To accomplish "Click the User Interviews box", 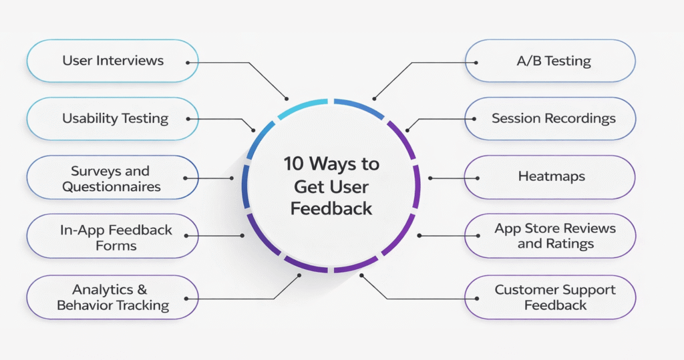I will point(112,61).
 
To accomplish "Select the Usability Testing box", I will point(112,119).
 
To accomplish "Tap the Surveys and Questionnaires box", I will point(112,178).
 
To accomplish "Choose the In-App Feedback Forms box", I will point(112,237).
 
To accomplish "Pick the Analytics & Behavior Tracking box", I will point(112,297).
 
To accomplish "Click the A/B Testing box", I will point(550,61).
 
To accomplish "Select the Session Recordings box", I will point(550,119).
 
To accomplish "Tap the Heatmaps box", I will point(550,177).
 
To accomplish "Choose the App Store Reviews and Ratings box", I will point(550,236).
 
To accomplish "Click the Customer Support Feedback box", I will point(550,297).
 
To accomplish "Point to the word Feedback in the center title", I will point(331,208).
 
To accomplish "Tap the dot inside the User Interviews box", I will point(188,62).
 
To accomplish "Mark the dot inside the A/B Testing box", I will point(475,62).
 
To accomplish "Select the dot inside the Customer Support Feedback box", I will point(475,298).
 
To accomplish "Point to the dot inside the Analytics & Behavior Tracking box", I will point(188,299).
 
